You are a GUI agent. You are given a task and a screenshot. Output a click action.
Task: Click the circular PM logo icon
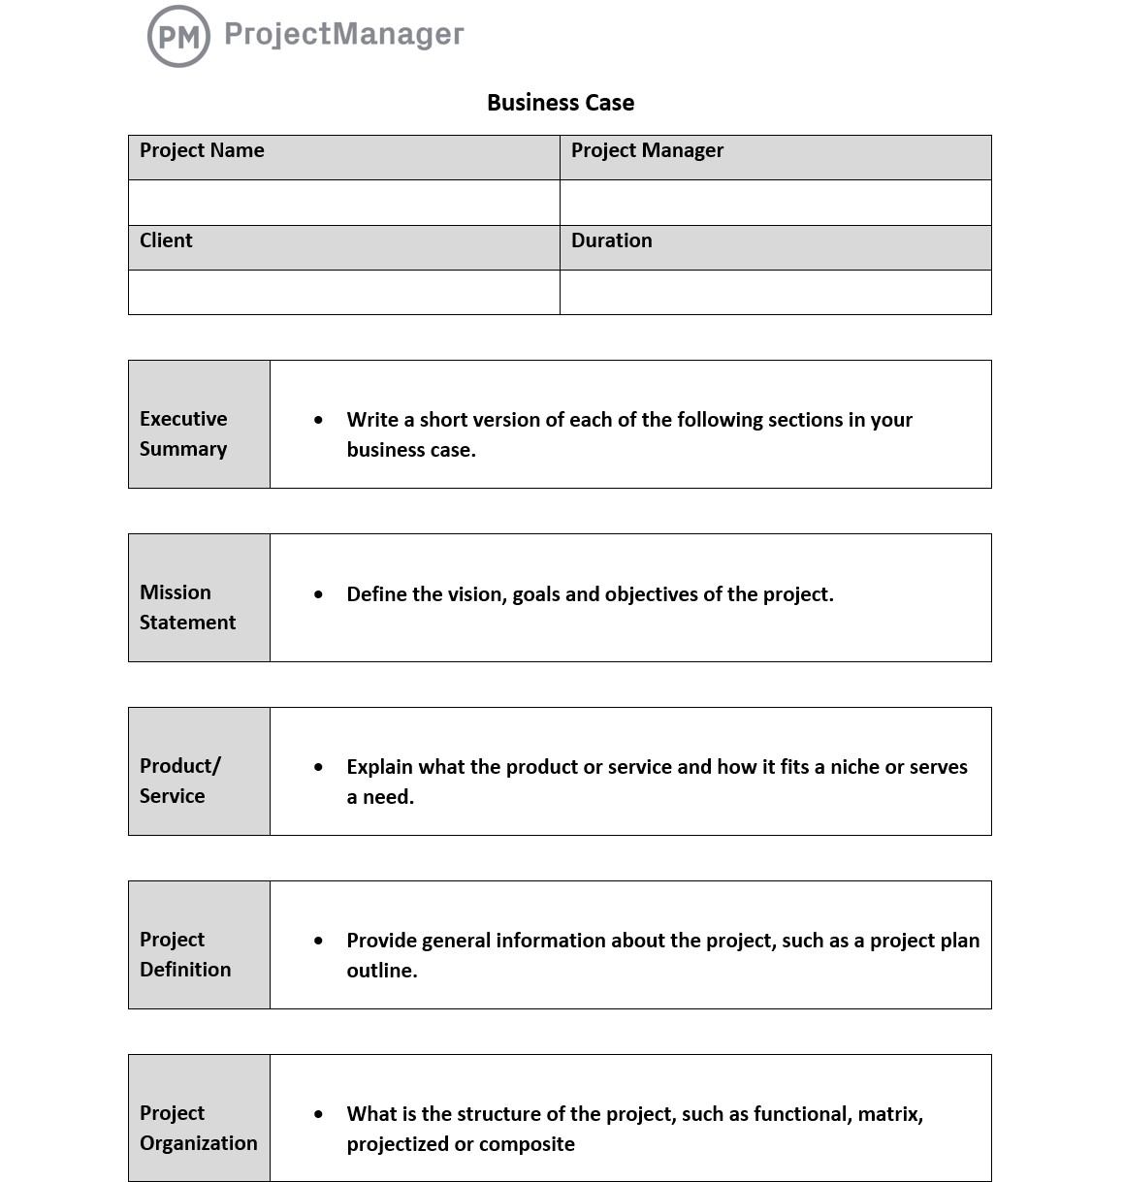[178, 37]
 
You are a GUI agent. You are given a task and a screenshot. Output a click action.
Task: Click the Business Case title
[561, 103]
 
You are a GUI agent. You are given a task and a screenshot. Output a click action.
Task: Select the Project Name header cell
[343, 157]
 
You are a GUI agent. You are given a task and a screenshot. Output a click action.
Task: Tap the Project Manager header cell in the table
[775, 157]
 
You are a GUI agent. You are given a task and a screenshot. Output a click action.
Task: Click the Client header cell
[343, 247]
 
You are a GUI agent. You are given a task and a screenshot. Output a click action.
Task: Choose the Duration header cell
[775, 247]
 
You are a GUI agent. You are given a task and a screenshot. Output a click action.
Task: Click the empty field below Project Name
[343, 203]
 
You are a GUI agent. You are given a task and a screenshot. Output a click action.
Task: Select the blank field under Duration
[775, 292]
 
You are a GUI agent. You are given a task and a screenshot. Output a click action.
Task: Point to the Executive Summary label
[184, 433]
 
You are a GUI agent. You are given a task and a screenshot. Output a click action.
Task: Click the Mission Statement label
[187, 607]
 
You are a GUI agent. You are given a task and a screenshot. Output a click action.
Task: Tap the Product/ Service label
[180, 781]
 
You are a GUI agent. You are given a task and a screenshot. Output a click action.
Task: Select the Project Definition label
[185, 954]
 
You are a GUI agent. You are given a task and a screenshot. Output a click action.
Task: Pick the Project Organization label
[198, 1128]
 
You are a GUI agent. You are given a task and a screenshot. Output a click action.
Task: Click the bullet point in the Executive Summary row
[318, 420]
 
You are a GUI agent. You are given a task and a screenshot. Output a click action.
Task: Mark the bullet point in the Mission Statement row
[318, 594]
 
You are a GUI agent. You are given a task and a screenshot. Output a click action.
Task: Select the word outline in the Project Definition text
[380, 971]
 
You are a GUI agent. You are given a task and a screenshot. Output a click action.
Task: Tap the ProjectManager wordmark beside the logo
[343, 34]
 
